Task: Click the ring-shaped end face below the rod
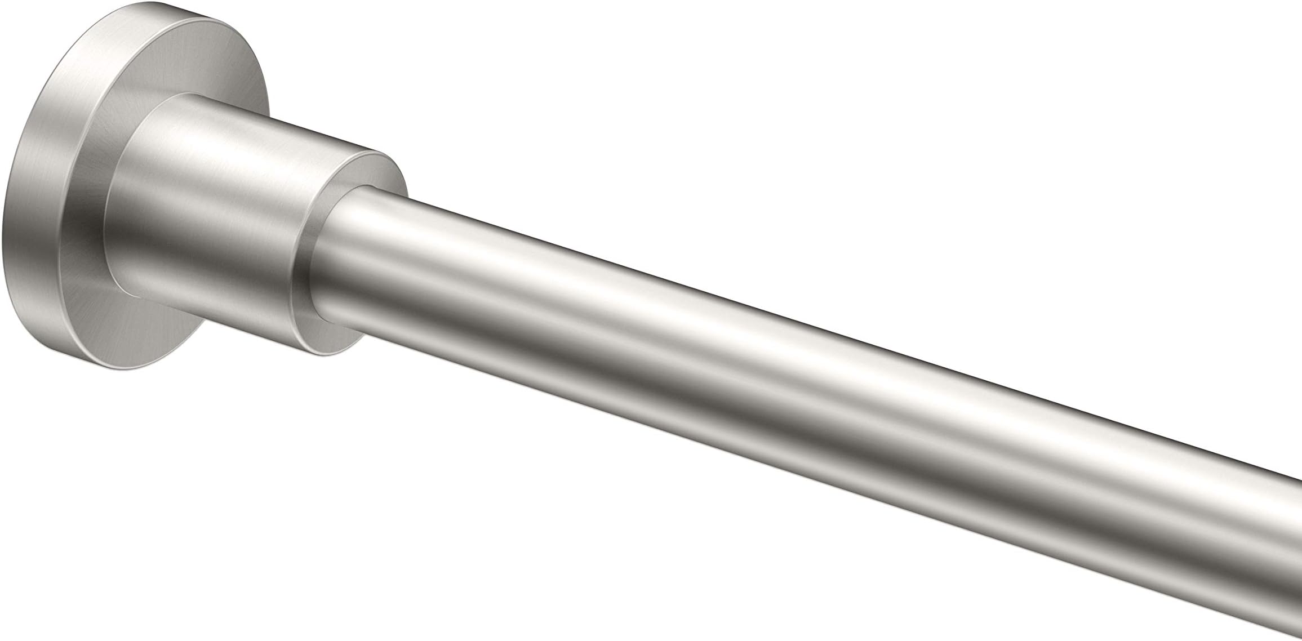click(x=327, y=332)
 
